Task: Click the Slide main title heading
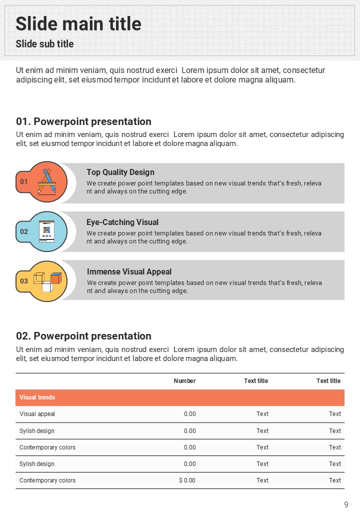point(78,23)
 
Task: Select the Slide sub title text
point(44,44)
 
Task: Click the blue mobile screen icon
point(47,231)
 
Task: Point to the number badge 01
point(24,181)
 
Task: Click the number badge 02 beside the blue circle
point(24,231)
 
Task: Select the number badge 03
point(24,281)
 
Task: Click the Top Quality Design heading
point(120,172)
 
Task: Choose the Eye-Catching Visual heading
point(122,222)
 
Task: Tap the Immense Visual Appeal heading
point(129,272)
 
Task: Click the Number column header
point(184,381)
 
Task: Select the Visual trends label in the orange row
point(37,397)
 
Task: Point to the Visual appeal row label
point(37,414)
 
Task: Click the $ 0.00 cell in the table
point(187,480)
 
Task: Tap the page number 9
point(346,504)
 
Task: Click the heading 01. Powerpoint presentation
point(83,121)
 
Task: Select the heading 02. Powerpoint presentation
point(83,336)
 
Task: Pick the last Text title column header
point(328,381)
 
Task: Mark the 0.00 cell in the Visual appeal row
point(189,414)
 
